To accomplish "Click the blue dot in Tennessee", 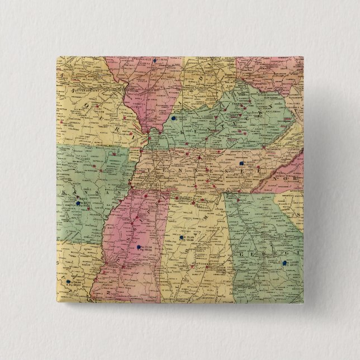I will tap(241, 163).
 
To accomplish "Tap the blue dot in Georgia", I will tap(285, 262).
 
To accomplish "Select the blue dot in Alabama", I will tap(182, 239).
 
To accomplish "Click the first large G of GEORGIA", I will tap(243, 254).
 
